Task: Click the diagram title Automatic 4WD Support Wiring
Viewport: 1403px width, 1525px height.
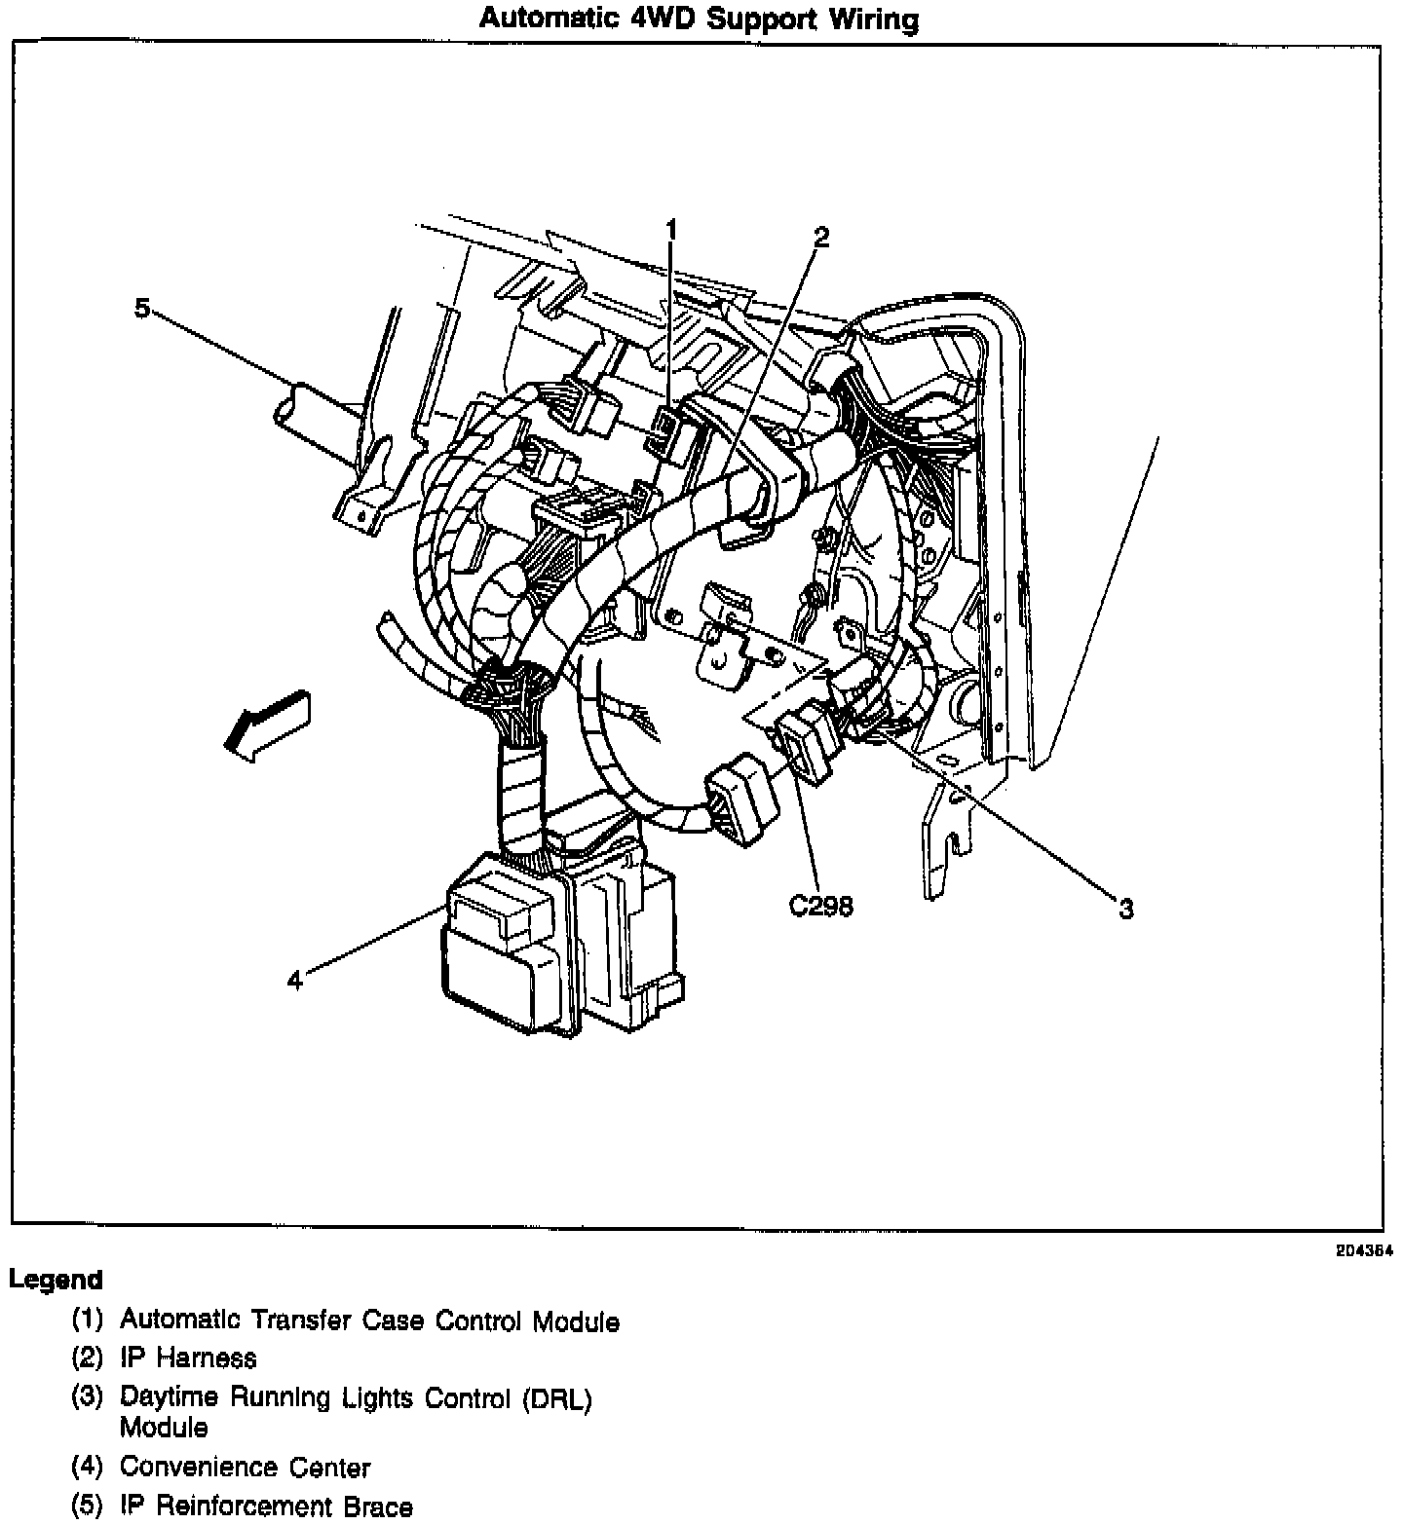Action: [699, 19]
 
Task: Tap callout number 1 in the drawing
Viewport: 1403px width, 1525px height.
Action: [670, 229]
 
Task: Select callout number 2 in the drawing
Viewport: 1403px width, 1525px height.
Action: [821, 237]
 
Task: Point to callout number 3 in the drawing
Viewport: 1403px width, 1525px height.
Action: [1125, 909]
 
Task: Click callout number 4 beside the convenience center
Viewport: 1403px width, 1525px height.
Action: [295, 980]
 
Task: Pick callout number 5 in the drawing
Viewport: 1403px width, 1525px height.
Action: [142, 309]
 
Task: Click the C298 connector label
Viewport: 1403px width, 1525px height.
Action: [820, 907]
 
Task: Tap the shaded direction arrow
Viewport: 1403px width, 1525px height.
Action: [264, 722]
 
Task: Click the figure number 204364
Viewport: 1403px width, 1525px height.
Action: [1363, 1252]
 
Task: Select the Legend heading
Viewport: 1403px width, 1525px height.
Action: [56, 1280]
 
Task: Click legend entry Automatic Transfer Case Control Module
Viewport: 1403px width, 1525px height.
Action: [369, 1320]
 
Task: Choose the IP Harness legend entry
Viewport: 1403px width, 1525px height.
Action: [188, 1358]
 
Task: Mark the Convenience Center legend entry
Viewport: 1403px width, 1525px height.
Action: [245, 1467]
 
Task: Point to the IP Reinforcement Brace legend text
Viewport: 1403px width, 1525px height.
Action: [266, 1506]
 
